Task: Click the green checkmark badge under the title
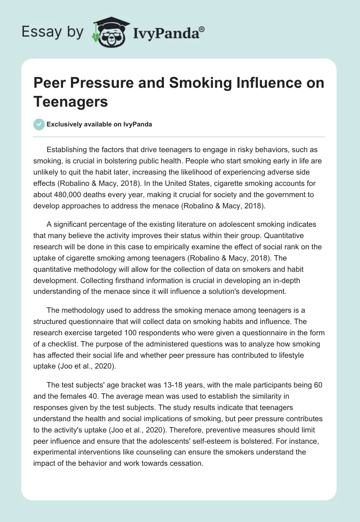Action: point(39,124)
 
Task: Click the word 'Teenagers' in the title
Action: point(71,102)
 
